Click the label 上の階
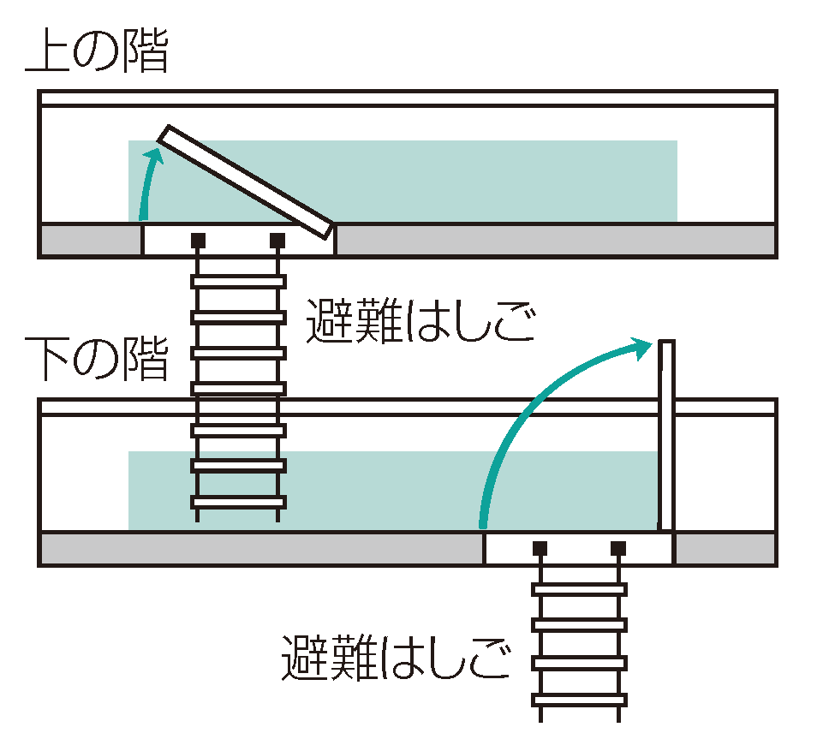point(96,52)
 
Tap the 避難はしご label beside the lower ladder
point(397,658)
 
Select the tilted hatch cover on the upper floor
point(247,182)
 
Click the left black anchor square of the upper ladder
point(198,240)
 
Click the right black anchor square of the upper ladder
point(277,240)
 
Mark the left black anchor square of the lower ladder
point(540,547)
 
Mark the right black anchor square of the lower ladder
point(618,547)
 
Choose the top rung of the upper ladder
point(238,281)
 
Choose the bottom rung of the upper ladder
point(238,502)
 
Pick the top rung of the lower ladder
point(579,589)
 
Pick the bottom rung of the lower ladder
point(579,700)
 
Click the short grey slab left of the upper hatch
point(91,240)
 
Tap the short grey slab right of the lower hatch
point(725,548)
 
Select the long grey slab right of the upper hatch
point(555,240)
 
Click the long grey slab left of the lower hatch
point(262,548)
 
